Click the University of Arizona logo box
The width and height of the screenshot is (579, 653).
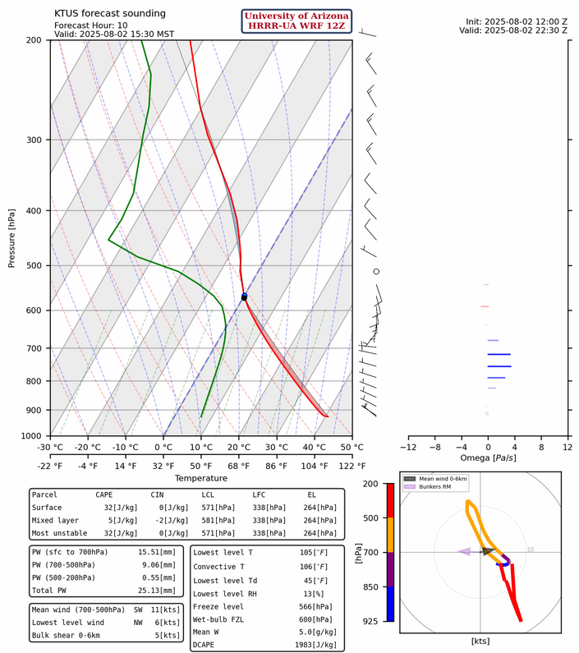point(297,21)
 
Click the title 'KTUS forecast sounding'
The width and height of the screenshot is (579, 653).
point(109,13)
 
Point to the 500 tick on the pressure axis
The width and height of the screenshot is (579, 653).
point(36,265)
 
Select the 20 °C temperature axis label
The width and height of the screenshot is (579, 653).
point(239,447)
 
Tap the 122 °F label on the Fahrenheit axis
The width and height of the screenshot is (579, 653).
point(352,466)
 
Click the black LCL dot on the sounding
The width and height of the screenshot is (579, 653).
point(244,297)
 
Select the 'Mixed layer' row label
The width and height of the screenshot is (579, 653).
point(56,521)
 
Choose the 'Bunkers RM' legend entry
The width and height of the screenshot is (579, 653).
point(438,487)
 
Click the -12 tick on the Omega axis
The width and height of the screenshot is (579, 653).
point(407,447)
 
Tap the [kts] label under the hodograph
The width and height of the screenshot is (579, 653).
point(480,640)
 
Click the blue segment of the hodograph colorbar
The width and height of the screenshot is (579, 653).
point(390,603)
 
